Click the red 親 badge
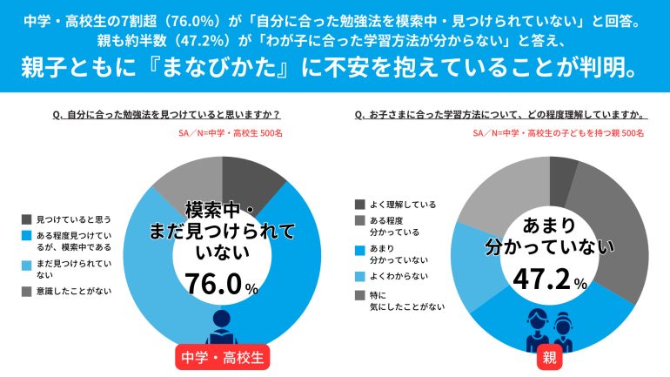(550, 356)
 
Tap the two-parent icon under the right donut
(549, 329)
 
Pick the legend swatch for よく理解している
(360, 204)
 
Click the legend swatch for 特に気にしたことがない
(360, 296)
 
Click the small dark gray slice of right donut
(563, 171)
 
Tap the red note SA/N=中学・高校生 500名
(225, 133)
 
